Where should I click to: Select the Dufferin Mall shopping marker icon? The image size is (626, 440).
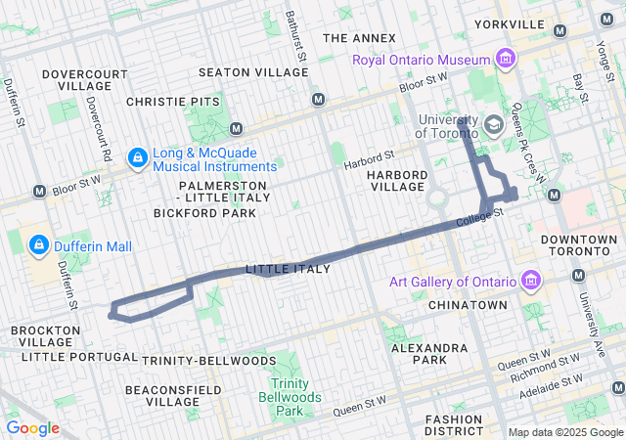point(40,244)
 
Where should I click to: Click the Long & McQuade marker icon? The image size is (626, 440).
point(138,156)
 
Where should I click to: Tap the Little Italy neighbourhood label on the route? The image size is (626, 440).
point(288,269)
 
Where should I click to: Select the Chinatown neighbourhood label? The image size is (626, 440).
point(468,305)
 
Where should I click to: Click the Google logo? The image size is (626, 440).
point(32,428)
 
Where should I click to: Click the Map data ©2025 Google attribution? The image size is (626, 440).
point(563,432)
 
